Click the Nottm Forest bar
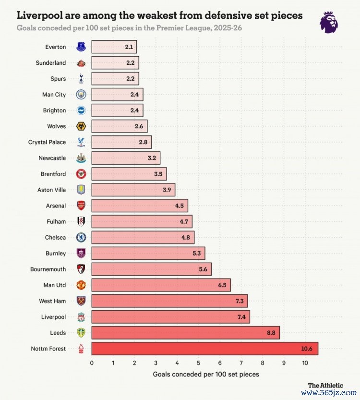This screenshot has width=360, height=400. [204, 349]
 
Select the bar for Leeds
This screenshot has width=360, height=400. [185, 333]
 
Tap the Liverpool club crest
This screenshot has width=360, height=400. [81, 317]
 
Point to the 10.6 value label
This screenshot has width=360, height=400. [307, 349]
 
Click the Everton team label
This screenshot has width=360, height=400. [56, 47]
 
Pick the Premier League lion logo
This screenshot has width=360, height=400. [329, 22]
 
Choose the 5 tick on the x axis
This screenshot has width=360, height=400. [198, 363]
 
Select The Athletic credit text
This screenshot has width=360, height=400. [325, 385]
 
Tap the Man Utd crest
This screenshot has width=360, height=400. [81, 285]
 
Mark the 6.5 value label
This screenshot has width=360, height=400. [222, 285]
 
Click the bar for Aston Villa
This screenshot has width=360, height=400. [133, 190]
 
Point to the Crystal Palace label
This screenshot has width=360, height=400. [47, 142]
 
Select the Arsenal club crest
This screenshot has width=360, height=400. [81, 206]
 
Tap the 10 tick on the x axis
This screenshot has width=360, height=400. [305, 363]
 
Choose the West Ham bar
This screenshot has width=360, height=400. [169, 301]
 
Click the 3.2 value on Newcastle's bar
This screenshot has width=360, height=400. [152, 158]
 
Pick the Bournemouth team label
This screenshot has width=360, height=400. [48, 269]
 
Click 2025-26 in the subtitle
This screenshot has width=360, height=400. [225, 28]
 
